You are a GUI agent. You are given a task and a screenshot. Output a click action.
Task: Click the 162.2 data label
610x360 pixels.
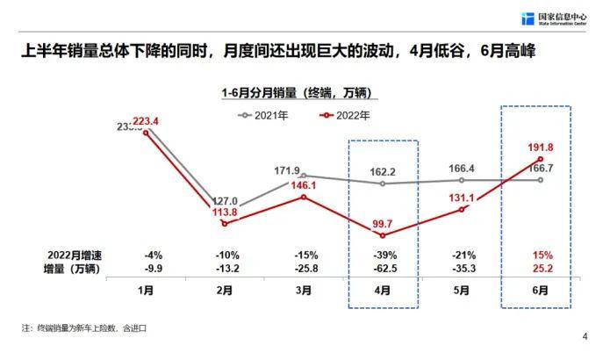[x=383, y=173]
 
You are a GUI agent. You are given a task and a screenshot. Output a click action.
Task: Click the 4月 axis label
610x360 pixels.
[x=383, y=290]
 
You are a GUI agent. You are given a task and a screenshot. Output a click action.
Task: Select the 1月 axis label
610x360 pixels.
[x=146, y=290]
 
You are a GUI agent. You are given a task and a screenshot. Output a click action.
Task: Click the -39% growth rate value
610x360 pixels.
[x=383, y=255]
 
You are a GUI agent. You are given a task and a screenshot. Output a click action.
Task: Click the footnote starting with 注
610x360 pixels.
[x=83, y=328]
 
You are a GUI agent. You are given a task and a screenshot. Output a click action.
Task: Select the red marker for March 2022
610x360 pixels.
[x=304, y=197]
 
